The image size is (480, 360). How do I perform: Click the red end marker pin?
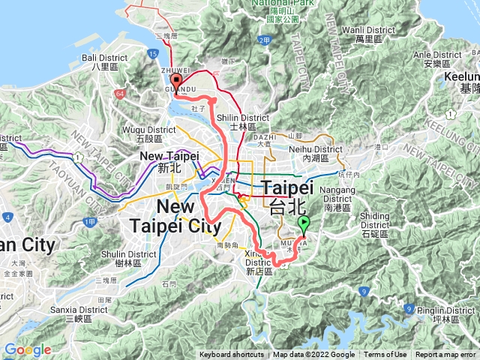[176, 82]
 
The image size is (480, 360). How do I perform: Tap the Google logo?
[28, 349]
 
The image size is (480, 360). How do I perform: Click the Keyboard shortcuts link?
[232, 355]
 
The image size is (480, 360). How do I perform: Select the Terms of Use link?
[385, 355]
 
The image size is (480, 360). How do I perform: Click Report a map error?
[446, 355]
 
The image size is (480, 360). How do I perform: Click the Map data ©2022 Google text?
[313, 355]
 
